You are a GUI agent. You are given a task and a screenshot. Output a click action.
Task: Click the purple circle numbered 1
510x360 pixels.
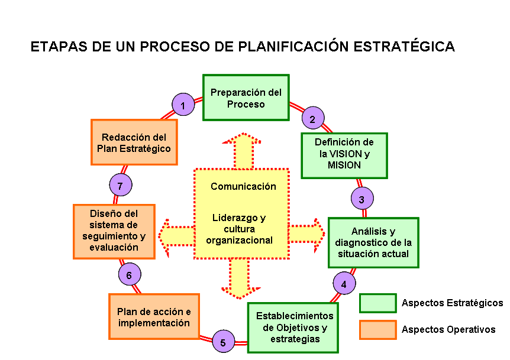[183, 106]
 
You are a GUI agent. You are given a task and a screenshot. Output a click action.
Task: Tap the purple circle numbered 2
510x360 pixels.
[313, 119]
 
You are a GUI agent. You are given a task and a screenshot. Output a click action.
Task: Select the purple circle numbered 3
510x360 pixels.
[361, 199]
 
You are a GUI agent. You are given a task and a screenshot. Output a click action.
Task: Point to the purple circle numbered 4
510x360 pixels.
[344, 284]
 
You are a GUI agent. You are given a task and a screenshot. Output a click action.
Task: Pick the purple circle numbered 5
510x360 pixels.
[223, 342]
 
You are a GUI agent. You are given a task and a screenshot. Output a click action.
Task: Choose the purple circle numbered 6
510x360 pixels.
[130, 274]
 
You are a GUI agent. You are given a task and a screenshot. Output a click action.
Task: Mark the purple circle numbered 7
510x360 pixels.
[120, 186]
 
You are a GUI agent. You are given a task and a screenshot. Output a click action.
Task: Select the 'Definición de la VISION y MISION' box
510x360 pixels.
[344, 154]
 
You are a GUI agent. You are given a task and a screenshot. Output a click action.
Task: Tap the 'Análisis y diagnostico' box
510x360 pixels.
[373, 242]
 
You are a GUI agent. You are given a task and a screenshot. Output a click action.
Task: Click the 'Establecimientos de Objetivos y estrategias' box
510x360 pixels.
[293, 327]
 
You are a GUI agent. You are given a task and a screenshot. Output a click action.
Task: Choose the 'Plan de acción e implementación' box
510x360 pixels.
[154, 317]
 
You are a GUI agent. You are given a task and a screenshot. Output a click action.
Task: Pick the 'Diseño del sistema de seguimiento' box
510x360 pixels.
[114, 231]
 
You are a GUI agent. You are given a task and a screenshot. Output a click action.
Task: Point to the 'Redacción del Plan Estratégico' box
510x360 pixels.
[134, 142]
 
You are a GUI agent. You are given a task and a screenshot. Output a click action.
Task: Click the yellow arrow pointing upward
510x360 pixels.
[242, 150]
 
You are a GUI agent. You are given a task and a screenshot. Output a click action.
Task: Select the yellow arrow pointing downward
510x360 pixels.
[241, 278]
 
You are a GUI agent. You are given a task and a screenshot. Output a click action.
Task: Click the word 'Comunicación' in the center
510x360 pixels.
[243, 186]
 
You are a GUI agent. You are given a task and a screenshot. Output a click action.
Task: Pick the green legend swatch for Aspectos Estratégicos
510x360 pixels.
[377, 303]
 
